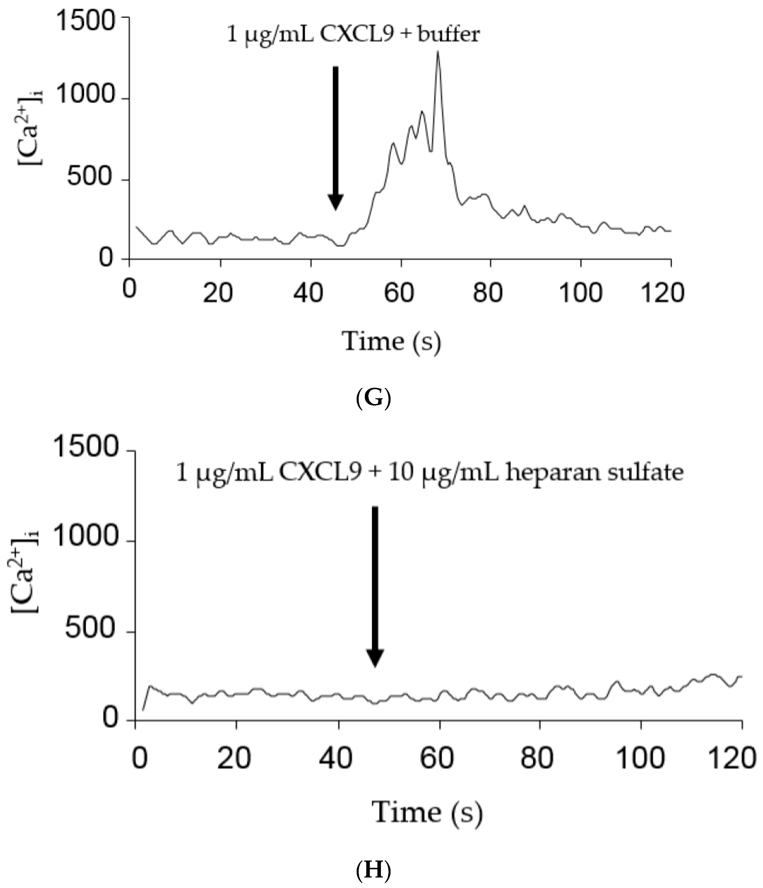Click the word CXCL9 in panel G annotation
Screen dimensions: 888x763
356,34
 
